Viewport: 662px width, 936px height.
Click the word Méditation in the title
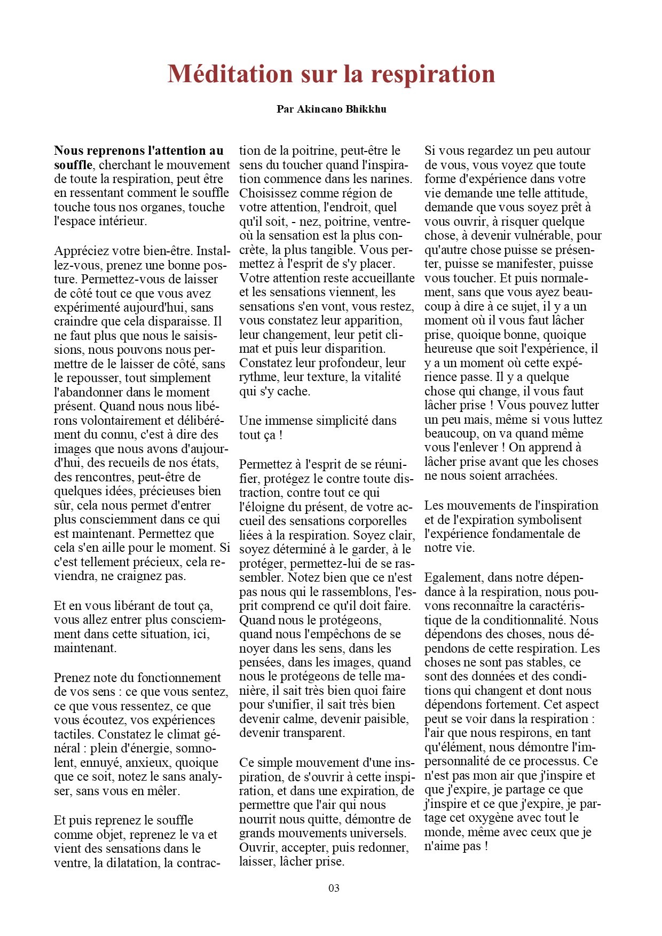(x=230, y=74)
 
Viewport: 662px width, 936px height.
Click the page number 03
(x=334, y=888)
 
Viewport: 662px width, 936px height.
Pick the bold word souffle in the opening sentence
(x=73, y=165)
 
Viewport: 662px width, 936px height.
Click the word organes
(x=160, y=207)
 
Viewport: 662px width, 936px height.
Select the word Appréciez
(x=81, y=250)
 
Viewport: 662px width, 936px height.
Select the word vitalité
(x=382, y=377)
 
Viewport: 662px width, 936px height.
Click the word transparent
(x=312, y=733)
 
